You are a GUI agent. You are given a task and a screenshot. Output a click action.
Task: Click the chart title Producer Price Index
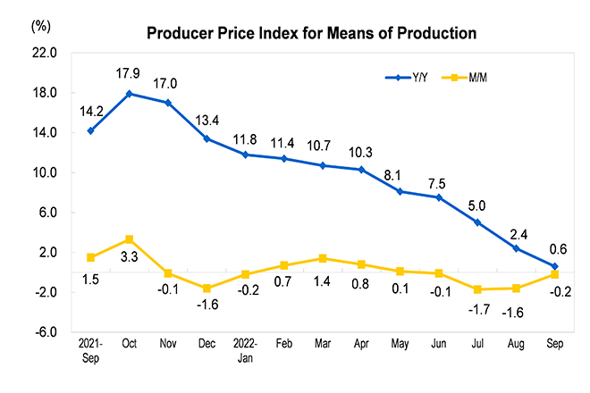(x=312, y=33)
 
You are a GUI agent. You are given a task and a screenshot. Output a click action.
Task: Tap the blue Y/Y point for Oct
(x=130, y=94)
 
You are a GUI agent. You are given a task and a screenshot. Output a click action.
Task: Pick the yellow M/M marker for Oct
(x=130, y=239)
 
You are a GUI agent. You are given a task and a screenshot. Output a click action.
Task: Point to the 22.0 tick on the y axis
(x=46, y=54)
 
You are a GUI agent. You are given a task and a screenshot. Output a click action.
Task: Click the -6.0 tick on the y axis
(x=46, y=332)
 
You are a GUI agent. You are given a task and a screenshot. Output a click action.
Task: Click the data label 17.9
(x=130, y=74)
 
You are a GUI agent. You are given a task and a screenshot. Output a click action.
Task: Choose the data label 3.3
(x=130, y=258)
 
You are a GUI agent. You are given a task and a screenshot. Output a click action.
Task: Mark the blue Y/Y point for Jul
(x=477, y=222)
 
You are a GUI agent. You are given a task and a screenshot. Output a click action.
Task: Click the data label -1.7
(x=477, y=308)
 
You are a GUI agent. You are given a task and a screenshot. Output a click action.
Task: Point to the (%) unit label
(x=42, y=26)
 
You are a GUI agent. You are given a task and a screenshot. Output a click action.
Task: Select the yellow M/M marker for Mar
(x=323, y=258)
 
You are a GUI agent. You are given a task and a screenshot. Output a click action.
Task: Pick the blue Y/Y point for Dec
(x=206, y=138)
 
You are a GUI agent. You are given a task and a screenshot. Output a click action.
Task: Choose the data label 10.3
(x=361, y=150)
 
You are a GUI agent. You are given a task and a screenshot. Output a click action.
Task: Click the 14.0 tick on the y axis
(x=46, y=133)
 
